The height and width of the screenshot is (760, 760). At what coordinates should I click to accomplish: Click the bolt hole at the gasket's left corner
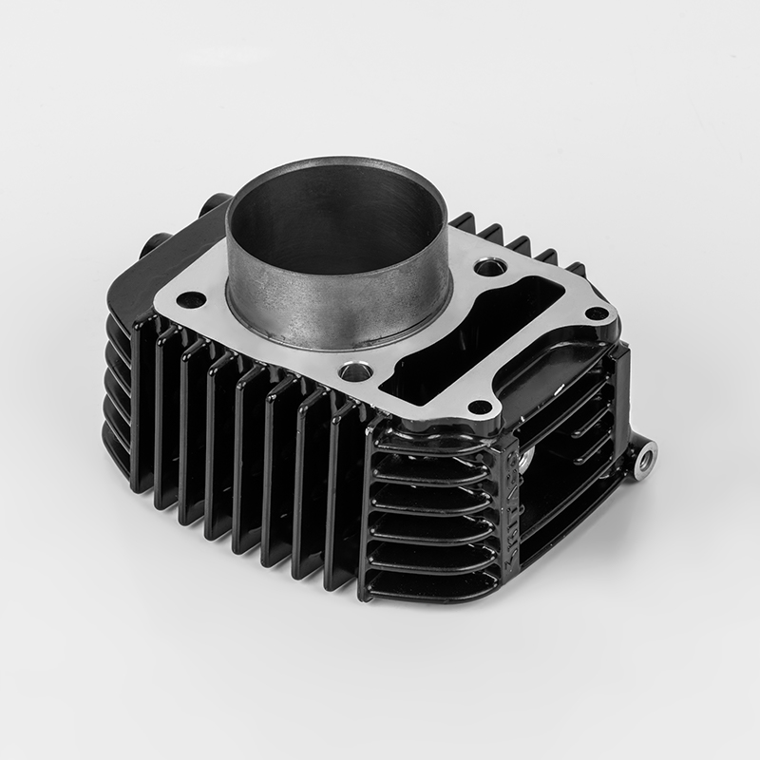pos(191,300)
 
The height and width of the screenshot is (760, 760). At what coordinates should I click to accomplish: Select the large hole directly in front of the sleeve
pos(355,370)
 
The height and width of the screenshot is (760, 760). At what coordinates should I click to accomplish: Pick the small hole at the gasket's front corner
pos(481,408)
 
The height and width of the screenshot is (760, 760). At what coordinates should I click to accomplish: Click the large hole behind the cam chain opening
pos(488,268)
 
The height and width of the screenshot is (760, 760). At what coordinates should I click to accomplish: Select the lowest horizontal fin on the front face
pos(432,584)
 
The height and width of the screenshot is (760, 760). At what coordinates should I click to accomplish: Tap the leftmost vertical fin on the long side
pos(142,399)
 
